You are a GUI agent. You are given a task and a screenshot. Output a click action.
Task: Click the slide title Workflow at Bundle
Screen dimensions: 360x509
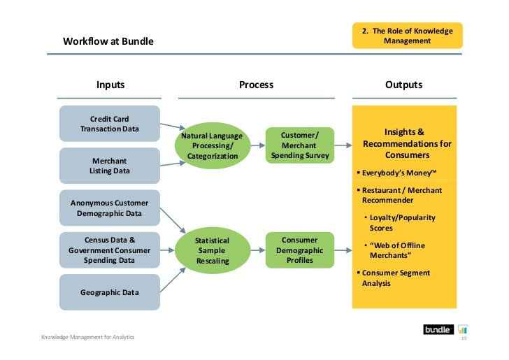108,41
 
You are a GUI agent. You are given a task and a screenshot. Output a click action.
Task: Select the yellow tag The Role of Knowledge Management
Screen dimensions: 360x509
407,36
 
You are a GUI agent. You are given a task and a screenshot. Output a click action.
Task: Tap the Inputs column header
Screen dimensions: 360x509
110,85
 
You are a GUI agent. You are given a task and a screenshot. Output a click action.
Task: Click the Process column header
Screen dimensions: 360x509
256,85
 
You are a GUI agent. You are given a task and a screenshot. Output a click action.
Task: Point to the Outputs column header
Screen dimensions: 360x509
403,85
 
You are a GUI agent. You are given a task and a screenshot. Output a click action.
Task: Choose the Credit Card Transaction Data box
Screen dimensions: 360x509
110,124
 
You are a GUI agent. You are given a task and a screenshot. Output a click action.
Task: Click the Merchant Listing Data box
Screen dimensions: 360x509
110,166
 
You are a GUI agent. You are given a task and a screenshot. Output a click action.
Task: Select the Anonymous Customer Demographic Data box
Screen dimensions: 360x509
110,208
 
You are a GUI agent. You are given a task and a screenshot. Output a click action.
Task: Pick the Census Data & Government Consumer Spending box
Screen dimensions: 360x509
110,250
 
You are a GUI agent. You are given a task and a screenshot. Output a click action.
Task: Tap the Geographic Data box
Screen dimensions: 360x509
110,292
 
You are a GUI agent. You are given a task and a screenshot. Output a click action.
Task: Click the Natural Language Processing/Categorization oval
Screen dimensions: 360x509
212,145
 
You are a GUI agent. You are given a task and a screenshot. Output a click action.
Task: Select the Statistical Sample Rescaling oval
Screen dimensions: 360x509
212,250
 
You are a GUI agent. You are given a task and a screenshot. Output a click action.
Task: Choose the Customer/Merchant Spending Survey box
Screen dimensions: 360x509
299,145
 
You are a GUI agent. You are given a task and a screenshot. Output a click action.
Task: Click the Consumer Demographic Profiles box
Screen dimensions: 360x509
299,250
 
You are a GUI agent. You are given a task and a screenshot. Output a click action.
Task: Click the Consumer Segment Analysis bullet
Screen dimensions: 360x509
396,278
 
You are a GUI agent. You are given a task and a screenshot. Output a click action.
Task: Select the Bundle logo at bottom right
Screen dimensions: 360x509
439,329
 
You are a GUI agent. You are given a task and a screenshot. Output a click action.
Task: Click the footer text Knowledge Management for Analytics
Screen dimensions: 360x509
88,338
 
